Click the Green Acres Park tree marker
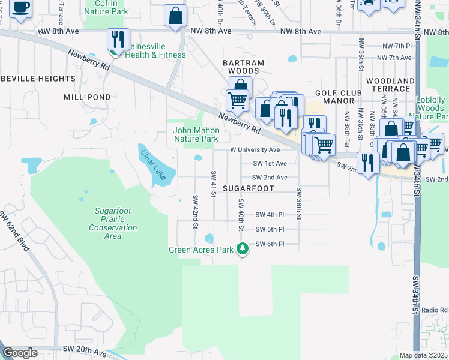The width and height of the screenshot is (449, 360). (243, 248)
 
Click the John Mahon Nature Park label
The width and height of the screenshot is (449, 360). (195, 134)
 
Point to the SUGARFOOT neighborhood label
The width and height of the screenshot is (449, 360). (248, 188)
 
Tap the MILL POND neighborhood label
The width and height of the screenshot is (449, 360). (87, 97)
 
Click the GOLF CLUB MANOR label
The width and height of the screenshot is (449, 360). (339, 97)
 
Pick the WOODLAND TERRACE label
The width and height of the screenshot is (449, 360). (391, 85)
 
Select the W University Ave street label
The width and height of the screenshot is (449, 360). (255, 149)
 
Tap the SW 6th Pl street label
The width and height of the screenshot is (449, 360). (270, 244)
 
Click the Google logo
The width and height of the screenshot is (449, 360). (20, 353)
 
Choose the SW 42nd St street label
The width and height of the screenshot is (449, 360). (196, 211)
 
